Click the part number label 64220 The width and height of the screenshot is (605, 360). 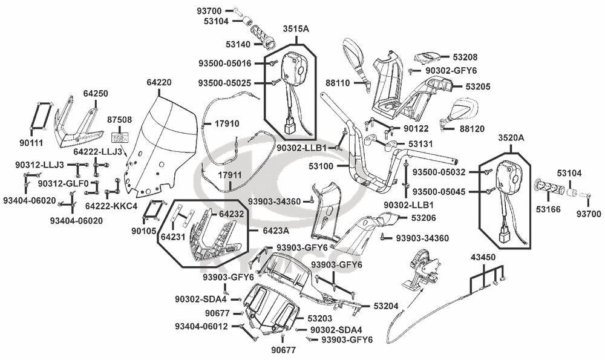[159, 82]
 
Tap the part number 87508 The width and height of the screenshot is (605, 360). [120, 120]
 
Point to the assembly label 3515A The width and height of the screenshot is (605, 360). [295, 28]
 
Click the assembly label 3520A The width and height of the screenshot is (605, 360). [511, 138]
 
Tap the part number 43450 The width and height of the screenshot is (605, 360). [483, 258]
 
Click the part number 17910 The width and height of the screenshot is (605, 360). [227, 123]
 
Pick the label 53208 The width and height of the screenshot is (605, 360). [465, 57]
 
